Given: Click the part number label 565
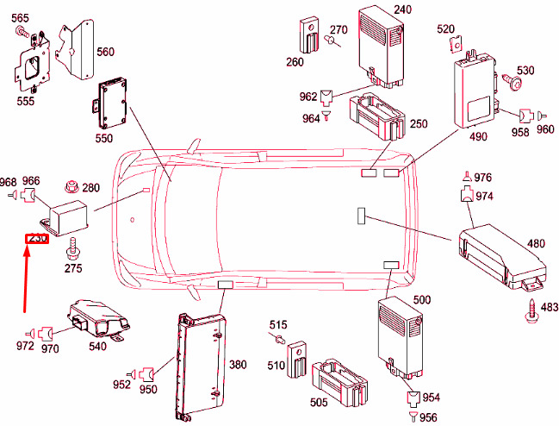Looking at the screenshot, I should pos(20,19).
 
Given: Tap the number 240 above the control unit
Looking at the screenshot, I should pos(403,9).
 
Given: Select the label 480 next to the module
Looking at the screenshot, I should pos(536,244).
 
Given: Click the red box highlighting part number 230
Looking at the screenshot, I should pos(37,238).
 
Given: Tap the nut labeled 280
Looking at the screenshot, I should pos(72,186).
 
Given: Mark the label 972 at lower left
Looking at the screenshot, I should pos(25,346).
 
